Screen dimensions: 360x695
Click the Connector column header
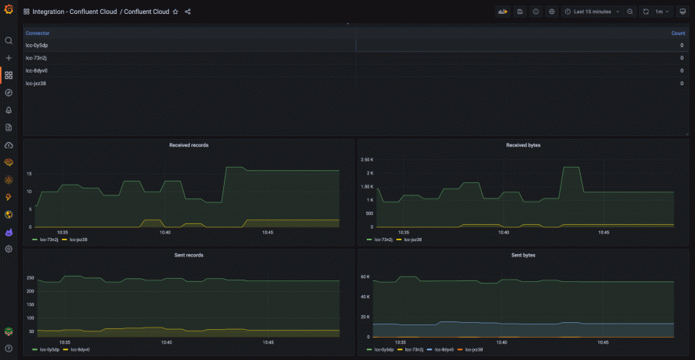37,33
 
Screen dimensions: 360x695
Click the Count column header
678,33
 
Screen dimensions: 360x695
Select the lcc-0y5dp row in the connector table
36,46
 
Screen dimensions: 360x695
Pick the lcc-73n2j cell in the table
36,58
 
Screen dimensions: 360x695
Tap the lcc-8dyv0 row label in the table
36,70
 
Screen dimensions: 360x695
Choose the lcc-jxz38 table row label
36,83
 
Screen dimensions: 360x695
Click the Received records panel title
188,144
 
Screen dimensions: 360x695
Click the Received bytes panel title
523,144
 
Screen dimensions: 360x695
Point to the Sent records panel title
188,254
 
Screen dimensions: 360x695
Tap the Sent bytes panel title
523,254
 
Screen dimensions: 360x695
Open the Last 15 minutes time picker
592,12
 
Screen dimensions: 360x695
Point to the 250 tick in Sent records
30,277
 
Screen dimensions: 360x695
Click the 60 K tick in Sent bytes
366,276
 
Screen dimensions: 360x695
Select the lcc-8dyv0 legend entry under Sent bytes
439,349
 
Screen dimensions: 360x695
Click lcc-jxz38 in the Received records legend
78,239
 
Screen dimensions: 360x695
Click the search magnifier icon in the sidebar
8,40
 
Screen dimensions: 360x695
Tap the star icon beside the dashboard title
175,12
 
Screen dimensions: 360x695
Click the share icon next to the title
188,12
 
